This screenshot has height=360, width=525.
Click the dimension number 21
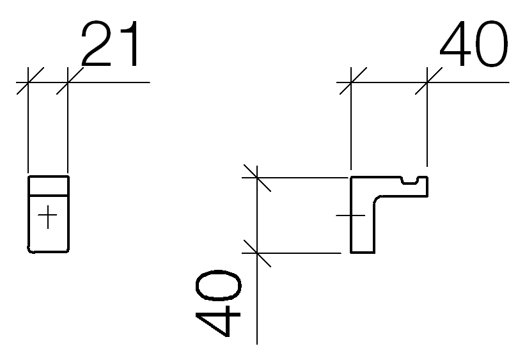coord(109,43)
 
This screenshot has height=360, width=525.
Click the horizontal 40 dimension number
coord(474,43)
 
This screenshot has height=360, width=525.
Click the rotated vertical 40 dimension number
coord(218,303)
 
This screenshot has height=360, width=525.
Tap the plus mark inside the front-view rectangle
coord(47,217)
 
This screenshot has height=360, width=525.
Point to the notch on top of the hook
coord(409,181)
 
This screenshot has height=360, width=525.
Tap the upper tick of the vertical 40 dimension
coord(257,178)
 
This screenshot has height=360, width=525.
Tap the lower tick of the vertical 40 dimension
coord(257,253)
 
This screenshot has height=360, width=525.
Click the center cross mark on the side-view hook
coord(351,215)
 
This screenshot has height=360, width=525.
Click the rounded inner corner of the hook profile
coord(377,199)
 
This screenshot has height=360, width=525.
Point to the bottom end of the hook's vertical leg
coord(363,253)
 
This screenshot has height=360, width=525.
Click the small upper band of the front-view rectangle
coord(48,185)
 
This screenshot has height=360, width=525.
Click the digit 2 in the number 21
coord(96,43)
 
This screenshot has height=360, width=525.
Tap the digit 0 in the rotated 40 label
coord(218,285)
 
